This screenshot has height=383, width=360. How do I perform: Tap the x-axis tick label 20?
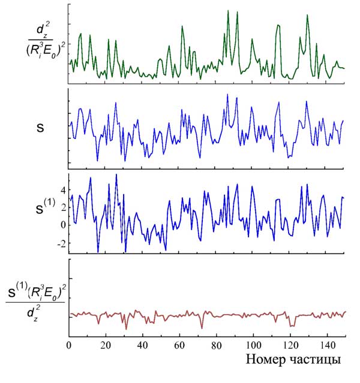(106, 346)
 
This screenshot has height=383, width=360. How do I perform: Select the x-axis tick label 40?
(143, 346)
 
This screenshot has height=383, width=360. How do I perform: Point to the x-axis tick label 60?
(179, 346)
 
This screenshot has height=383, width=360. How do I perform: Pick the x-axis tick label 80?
(216, 346)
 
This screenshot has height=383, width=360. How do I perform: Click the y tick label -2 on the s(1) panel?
(60, 243)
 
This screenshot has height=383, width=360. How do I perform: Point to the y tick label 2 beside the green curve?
(62, 44)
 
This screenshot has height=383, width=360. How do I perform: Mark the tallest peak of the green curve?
(228, 11)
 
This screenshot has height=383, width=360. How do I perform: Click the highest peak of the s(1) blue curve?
(116, 174)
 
